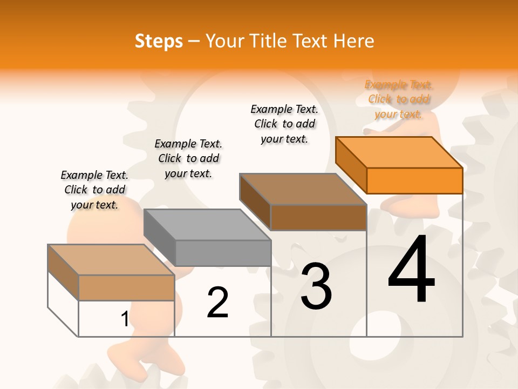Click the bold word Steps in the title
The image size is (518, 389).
[159, 41]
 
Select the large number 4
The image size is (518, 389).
[411, 270]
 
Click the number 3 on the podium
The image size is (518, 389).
[316, 286]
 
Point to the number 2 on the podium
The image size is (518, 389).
[217, 303]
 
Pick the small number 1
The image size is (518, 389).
[125, 319]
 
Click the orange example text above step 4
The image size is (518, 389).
[399, 99]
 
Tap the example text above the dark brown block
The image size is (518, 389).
[284, 124]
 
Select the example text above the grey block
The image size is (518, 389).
[188, 158]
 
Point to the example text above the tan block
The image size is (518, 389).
[94, 190]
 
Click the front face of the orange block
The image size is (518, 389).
[414, 180]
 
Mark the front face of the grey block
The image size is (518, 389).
[223, 253]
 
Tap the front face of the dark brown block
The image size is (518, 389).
[318, 217]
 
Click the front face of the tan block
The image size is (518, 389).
[126, 287]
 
